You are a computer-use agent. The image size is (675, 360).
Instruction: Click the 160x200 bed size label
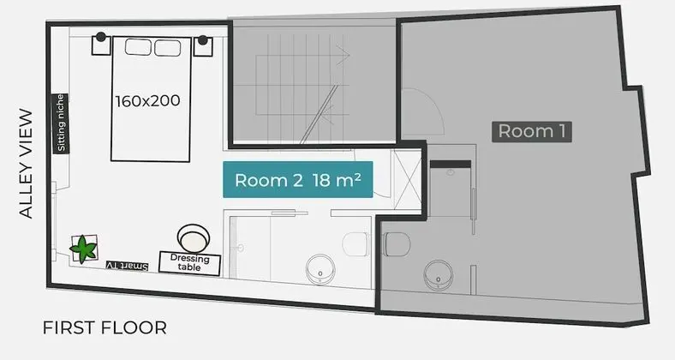click(x=147, y=100)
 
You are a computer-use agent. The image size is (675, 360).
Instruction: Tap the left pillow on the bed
click(x=138, y=46)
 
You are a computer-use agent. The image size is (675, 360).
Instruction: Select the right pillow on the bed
click(x=167, y=46)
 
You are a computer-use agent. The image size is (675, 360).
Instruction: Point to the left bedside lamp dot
click(x=101, y=37)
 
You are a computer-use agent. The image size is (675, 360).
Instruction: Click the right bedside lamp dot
click(x=204, y=39)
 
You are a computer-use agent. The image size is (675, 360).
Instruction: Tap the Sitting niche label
click(x=60, y=122)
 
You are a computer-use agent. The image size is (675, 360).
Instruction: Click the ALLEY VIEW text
click(x=26, y=163)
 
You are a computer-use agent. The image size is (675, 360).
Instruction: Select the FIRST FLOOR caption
click(x=104, y=327)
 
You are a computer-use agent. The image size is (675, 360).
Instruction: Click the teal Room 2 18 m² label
click(x=297, y=180)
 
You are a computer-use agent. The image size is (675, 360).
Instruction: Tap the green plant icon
click(x=85, y=249)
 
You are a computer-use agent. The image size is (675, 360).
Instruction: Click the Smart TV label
click(x=127, y=266)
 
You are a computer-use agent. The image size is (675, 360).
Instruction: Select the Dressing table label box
click(x=190, y=262)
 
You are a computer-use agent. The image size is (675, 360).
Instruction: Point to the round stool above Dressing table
click(x=193, y=237)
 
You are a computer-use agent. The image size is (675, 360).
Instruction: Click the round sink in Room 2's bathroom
click(x=319, y=270)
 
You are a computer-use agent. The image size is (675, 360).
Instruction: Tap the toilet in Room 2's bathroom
click(x=355, y=244)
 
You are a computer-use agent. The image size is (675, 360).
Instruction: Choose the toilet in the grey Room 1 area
click(x=397, y=245)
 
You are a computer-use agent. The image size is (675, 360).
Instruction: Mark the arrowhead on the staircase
click(x=346, y=57)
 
